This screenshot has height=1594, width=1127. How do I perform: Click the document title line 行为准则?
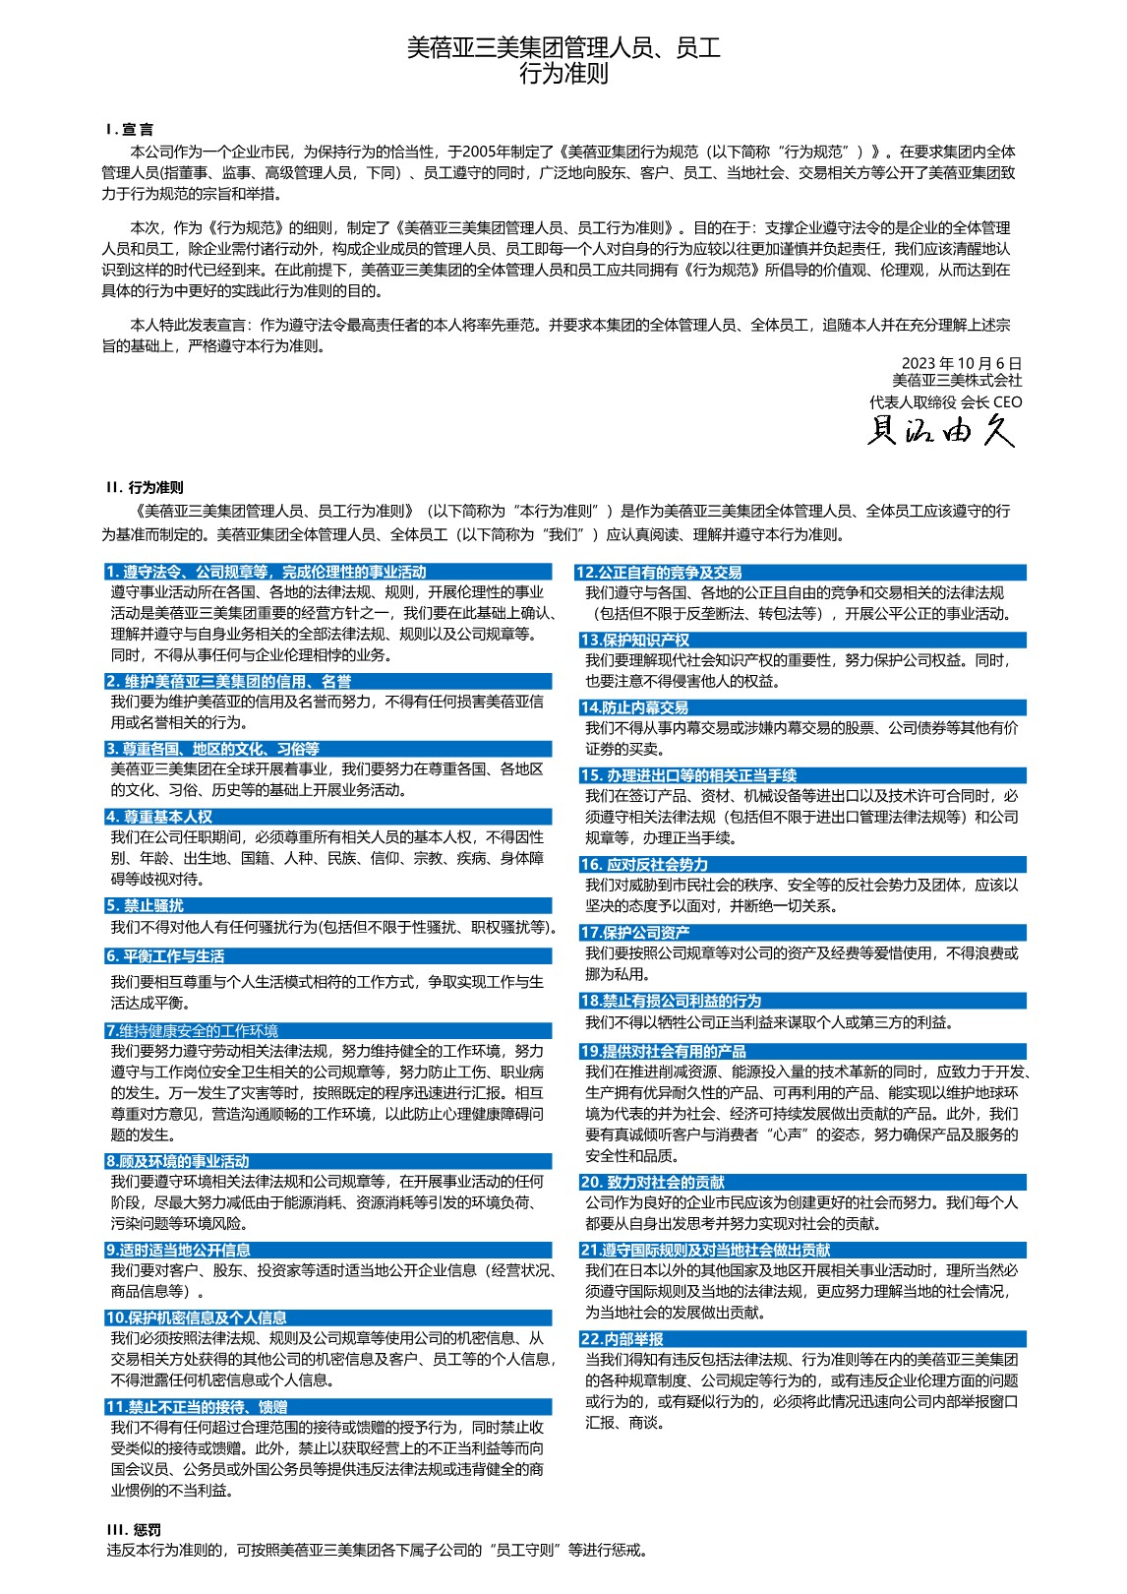(563, 74)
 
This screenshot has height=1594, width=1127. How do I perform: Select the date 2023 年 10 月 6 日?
(961, 363)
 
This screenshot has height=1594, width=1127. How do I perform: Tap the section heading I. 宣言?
(130, 129)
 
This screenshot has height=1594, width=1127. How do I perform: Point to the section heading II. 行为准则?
(145, 487)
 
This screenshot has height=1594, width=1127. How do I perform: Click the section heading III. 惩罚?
(134, 1529)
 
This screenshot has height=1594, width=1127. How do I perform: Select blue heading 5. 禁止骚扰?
(145, 906)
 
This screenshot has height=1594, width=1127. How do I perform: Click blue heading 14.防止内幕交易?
(634, 707)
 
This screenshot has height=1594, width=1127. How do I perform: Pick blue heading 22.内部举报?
(622, 1339)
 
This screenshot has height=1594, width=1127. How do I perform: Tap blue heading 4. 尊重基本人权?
(159, 817)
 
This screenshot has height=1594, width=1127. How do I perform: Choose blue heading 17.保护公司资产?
(635, 933)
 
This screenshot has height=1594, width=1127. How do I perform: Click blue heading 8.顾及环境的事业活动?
(178, 1161)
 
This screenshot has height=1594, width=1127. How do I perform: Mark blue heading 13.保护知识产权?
(635, 640)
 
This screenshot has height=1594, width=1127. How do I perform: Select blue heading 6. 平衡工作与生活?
(165, 956)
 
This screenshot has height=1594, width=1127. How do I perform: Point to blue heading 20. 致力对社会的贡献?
(653, 1183)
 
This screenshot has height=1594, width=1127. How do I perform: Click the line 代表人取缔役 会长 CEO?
(945, 401)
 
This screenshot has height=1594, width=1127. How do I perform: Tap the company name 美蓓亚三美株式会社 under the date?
(956, 381)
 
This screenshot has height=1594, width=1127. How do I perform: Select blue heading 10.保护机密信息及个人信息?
(197, 1318)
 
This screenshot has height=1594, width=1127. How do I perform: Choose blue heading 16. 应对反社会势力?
(644, 865)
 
